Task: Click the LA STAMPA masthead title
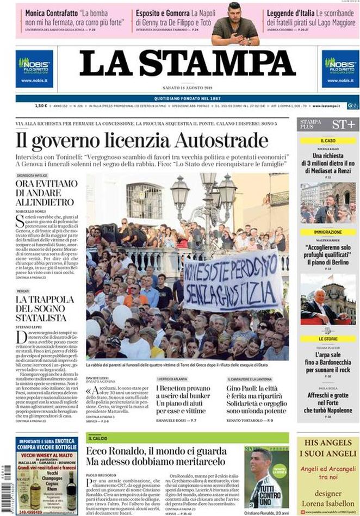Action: [187, 64]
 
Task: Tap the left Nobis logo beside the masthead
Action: [35, 69]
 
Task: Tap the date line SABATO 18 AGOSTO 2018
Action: [187, 88]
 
